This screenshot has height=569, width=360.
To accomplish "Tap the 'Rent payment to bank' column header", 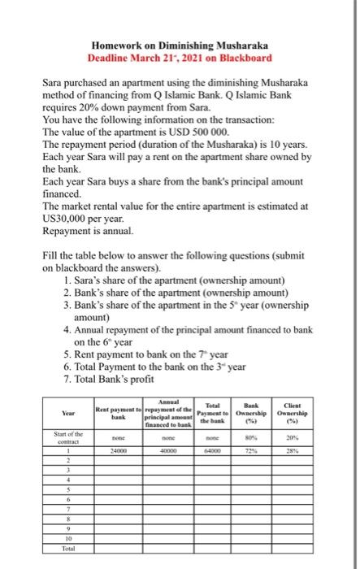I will click(117, 410).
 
